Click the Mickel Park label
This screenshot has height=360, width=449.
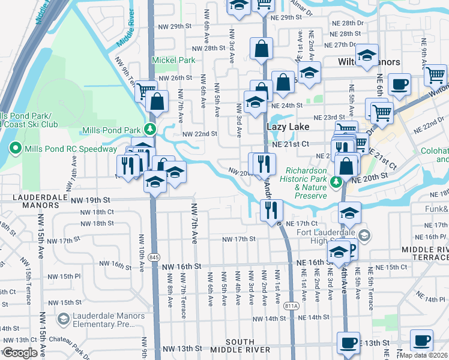coord(173,60)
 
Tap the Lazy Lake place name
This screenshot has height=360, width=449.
coord(288,127)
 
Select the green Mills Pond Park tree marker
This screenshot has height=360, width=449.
coord(149,130)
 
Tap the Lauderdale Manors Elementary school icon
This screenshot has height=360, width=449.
coord(63,319)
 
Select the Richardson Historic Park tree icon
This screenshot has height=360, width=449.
coord(337,181)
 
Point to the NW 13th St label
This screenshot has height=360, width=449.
coord(181,349)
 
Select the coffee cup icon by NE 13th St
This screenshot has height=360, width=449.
coord(348,343)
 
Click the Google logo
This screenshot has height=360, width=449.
coord(20,353)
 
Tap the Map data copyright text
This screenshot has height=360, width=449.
coord(424,355)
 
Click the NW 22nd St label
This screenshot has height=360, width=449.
coord(199,134)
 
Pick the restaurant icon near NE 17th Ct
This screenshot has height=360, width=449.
coord(271,209)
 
